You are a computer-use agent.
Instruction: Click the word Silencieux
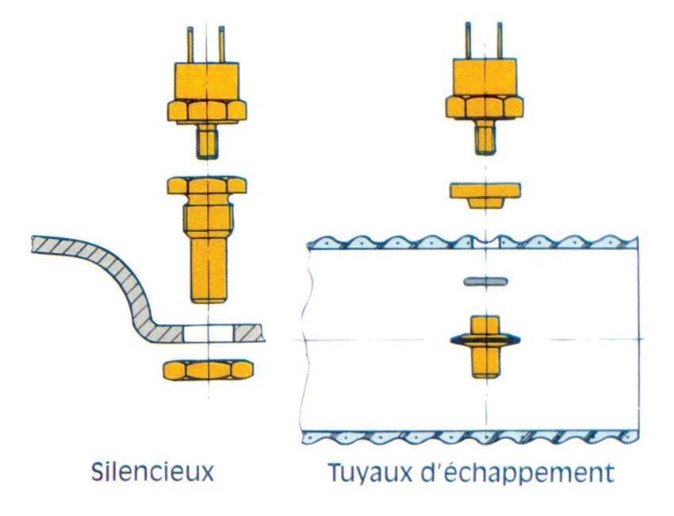(x=152, y=472)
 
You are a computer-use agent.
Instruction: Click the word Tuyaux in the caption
(x=370, y=473)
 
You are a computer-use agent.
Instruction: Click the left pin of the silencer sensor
(x=190, y=44)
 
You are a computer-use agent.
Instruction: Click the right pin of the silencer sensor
(x=221, y=44)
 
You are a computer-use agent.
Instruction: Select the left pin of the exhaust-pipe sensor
(x=468, y=41)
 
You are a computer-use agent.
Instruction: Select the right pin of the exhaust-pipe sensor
(x=500, y=41)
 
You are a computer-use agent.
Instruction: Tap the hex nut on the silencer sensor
(x=207, y=110)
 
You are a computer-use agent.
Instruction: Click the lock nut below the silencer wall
(x=208, y=370)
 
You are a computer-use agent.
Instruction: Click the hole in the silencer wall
(x=208, y=333)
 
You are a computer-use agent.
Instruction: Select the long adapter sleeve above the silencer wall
(x=208, y=239)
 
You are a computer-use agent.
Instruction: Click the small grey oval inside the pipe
(x=486, y=282)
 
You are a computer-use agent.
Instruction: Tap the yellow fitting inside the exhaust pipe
(x=485, y=347)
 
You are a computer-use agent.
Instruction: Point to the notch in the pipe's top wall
(x=485, y=243)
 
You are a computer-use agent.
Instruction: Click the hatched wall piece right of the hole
(x=248, y=333)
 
